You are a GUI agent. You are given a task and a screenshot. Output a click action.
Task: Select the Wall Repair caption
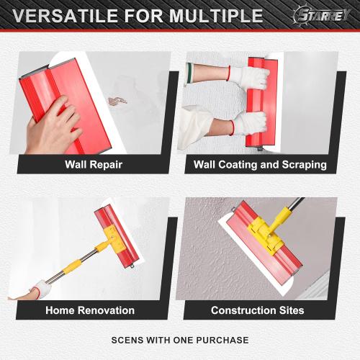pos(94,164)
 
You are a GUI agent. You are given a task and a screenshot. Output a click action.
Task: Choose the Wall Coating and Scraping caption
pos(260,164)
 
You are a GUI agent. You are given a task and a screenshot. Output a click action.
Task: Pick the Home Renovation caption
pos(90,310)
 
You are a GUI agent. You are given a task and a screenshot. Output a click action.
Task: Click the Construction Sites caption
pos(257,310)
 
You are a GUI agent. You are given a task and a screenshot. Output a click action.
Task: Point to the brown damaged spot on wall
pos(117,101)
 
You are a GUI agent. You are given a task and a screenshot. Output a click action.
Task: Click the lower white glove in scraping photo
pos(248,124)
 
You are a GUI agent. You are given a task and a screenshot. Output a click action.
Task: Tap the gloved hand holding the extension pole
pos(40,289)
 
